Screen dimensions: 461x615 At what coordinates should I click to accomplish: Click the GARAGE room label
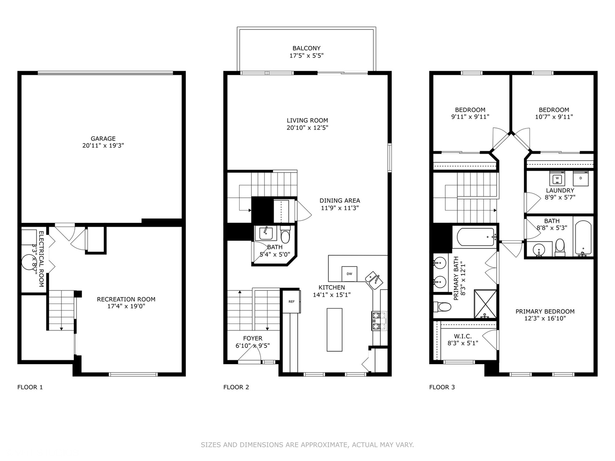103,139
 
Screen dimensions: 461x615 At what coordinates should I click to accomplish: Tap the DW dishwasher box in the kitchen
349,274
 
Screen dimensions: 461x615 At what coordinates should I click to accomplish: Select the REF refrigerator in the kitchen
291,301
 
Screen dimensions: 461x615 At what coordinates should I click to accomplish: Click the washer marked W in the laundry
557,178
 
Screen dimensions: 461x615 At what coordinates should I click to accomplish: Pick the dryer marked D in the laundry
580,178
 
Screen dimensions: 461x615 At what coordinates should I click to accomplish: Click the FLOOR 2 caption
236,387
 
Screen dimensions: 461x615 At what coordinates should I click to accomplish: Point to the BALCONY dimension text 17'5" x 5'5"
306,55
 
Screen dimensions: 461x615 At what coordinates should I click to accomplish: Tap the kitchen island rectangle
334,330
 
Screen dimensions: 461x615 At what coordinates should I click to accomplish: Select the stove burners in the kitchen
378,321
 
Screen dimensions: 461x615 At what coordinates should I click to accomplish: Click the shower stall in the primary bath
486,304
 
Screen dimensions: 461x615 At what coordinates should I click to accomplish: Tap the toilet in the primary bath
442,306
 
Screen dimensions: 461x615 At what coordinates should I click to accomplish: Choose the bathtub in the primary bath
475,236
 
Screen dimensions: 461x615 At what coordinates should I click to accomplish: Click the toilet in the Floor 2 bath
285,236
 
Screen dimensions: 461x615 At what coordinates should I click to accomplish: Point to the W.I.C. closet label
463,336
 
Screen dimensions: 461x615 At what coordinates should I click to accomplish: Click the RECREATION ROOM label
126,299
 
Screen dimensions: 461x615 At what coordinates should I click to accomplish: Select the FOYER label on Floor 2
252,338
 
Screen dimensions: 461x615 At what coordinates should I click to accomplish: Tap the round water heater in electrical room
29,262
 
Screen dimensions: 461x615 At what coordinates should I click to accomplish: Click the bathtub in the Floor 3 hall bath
583,237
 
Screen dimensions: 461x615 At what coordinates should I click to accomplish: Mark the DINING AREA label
340,201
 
